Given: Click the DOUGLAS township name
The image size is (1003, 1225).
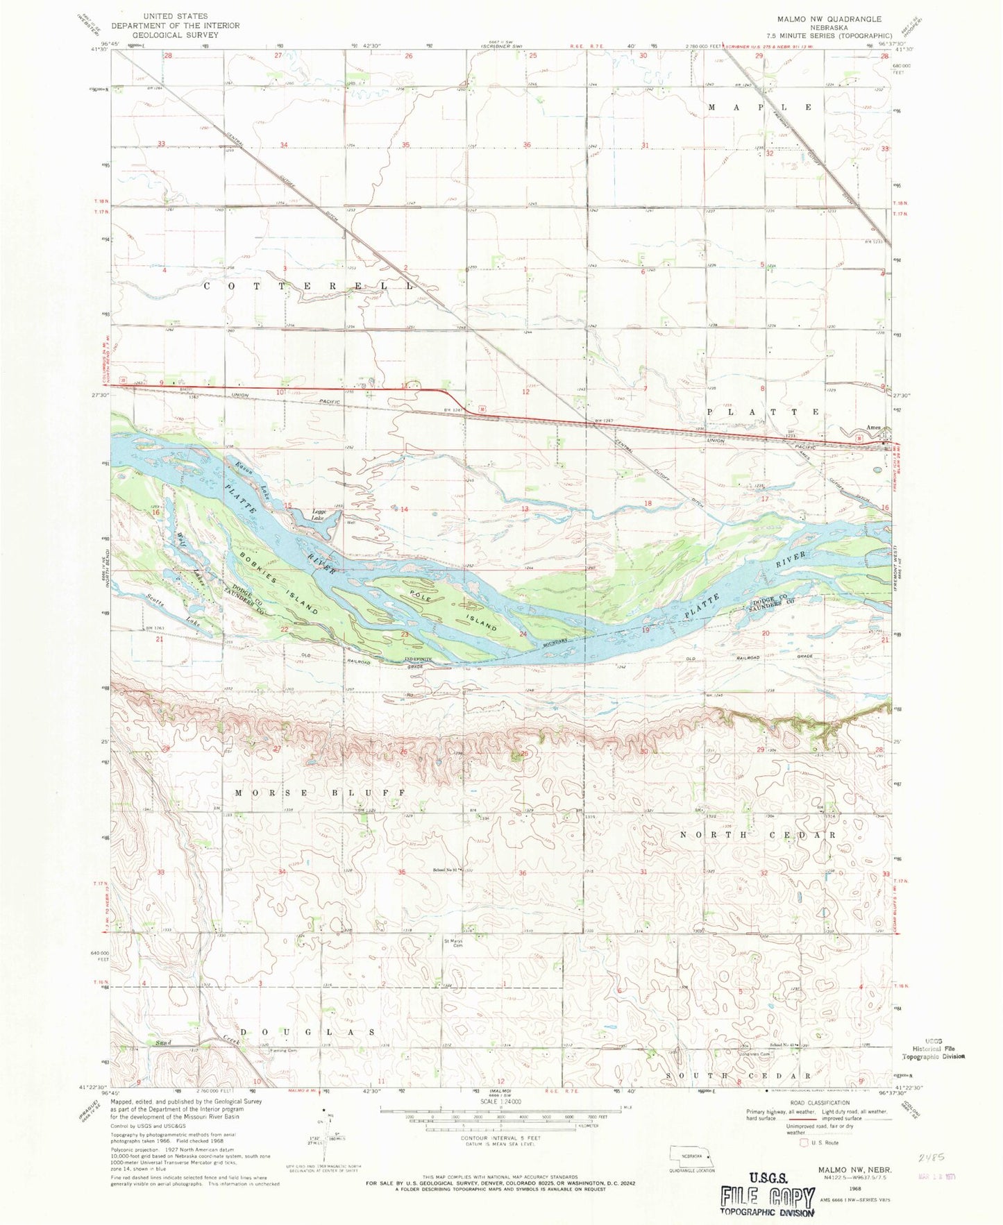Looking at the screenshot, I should pos(310,1032).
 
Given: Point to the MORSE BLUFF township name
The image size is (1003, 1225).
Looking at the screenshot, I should pos(319,793).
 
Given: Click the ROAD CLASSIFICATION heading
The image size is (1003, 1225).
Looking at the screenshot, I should pos(818,1102).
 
